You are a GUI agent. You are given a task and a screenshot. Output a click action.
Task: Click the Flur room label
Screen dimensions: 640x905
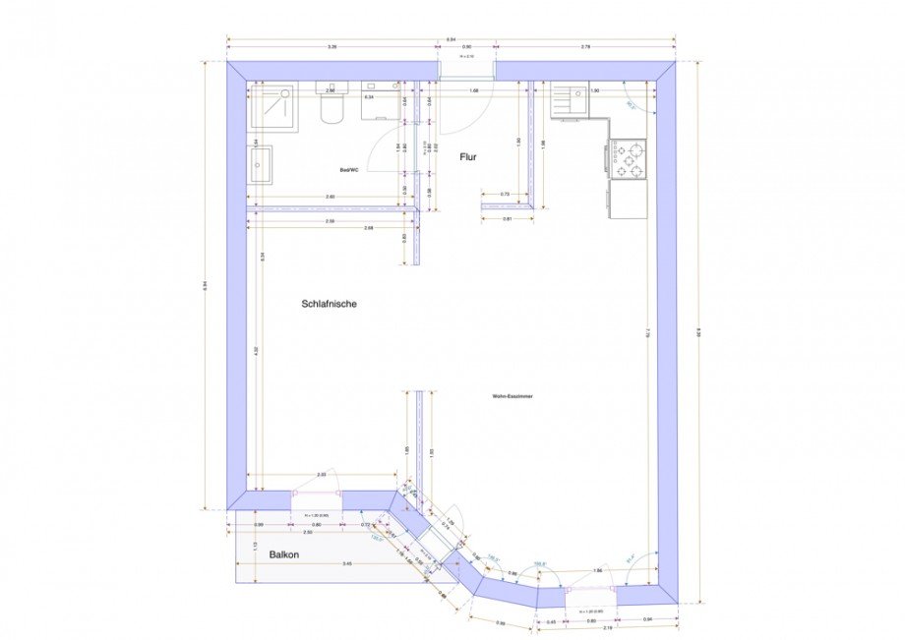pos(468,156)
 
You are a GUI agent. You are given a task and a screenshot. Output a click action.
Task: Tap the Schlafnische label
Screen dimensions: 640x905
pos(329,304)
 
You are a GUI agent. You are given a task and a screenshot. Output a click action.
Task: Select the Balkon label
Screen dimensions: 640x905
pos(283,554)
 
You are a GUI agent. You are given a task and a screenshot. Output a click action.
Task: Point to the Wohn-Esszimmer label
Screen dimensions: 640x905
pos(513,396)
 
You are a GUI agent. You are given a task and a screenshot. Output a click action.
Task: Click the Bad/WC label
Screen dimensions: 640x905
pos(349,170)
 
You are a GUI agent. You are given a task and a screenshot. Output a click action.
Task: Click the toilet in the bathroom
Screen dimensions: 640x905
pos(331,105)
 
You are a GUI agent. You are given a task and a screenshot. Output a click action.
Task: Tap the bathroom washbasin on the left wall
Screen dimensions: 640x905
pos(261,164)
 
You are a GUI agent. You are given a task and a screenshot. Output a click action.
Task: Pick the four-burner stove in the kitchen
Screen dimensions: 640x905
pos(629,159)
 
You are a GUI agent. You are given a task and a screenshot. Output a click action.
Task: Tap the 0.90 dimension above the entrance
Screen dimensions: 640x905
pos(467,46)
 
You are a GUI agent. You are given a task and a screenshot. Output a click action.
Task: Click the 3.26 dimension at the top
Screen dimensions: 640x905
pos(332,46)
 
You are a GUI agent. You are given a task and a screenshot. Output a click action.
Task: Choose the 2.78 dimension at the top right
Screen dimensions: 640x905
pos(585,46)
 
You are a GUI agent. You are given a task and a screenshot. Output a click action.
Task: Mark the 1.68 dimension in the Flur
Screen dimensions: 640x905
pos(474,90)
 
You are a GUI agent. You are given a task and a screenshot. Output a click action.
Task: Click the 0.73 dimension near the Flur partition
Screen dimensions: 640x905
pos(505,194)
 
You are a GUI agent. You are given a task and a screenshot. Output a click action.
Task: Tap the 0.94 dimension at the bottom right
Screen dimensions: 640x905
pos(646,619)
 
